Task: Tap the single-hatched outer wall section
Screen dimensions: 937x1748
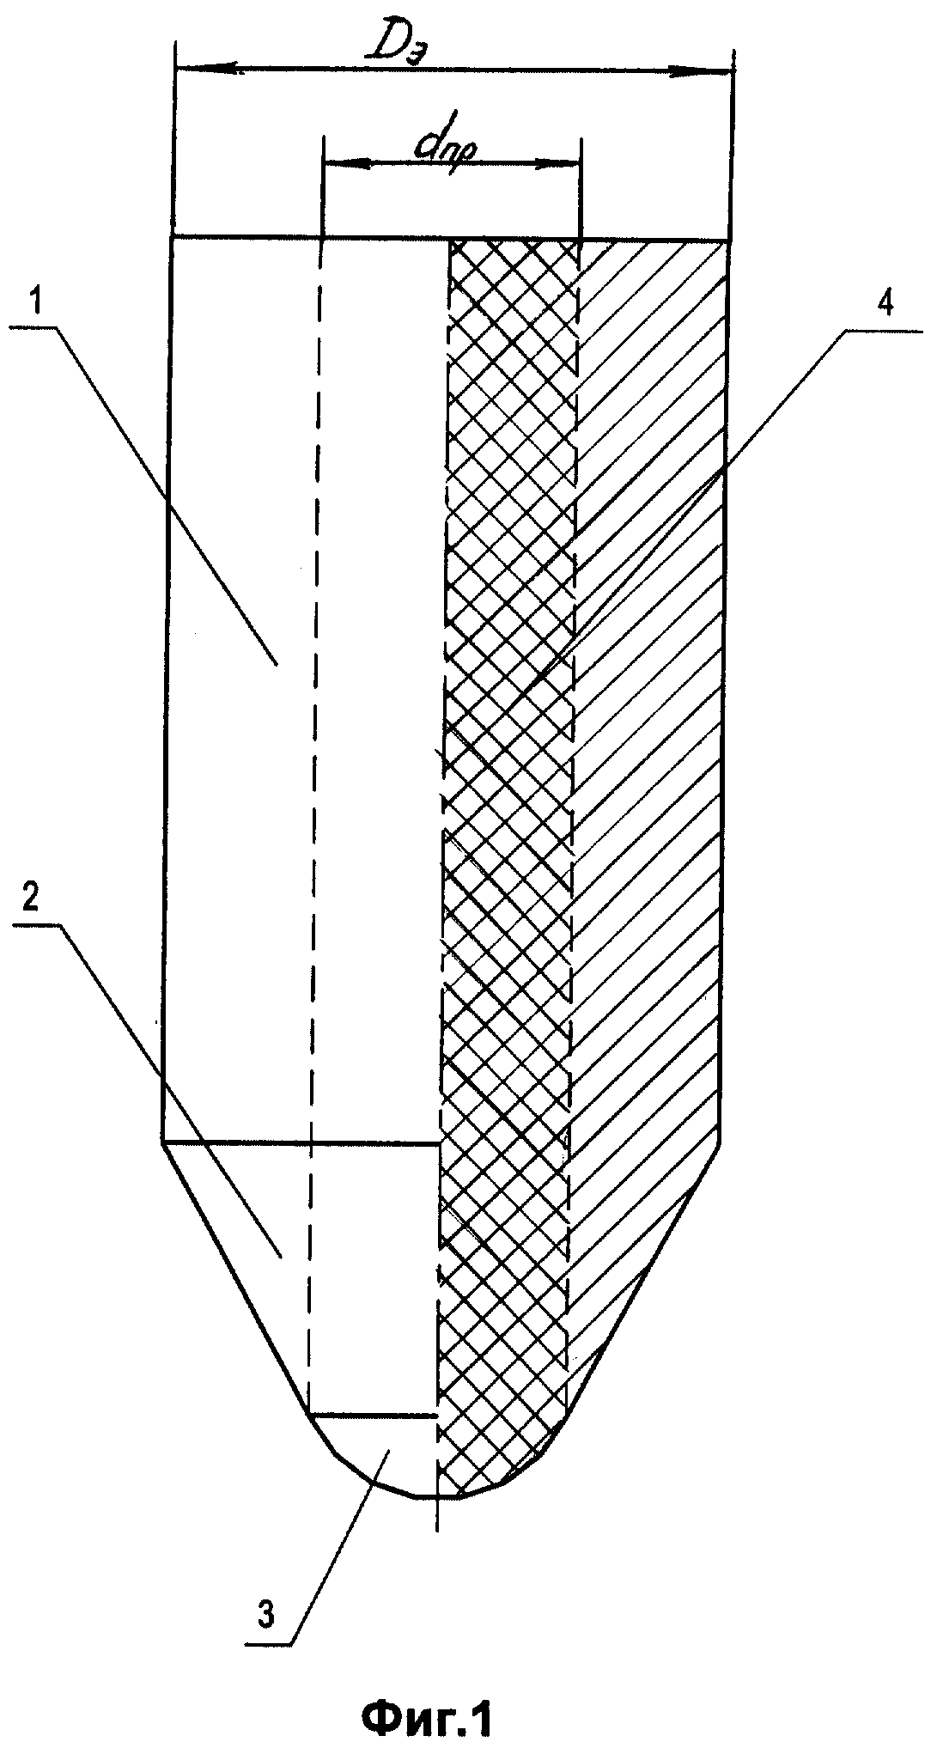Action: tap(648, 687)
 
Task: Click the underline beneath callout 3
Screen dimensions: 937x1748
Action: tap(267, 1644)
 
